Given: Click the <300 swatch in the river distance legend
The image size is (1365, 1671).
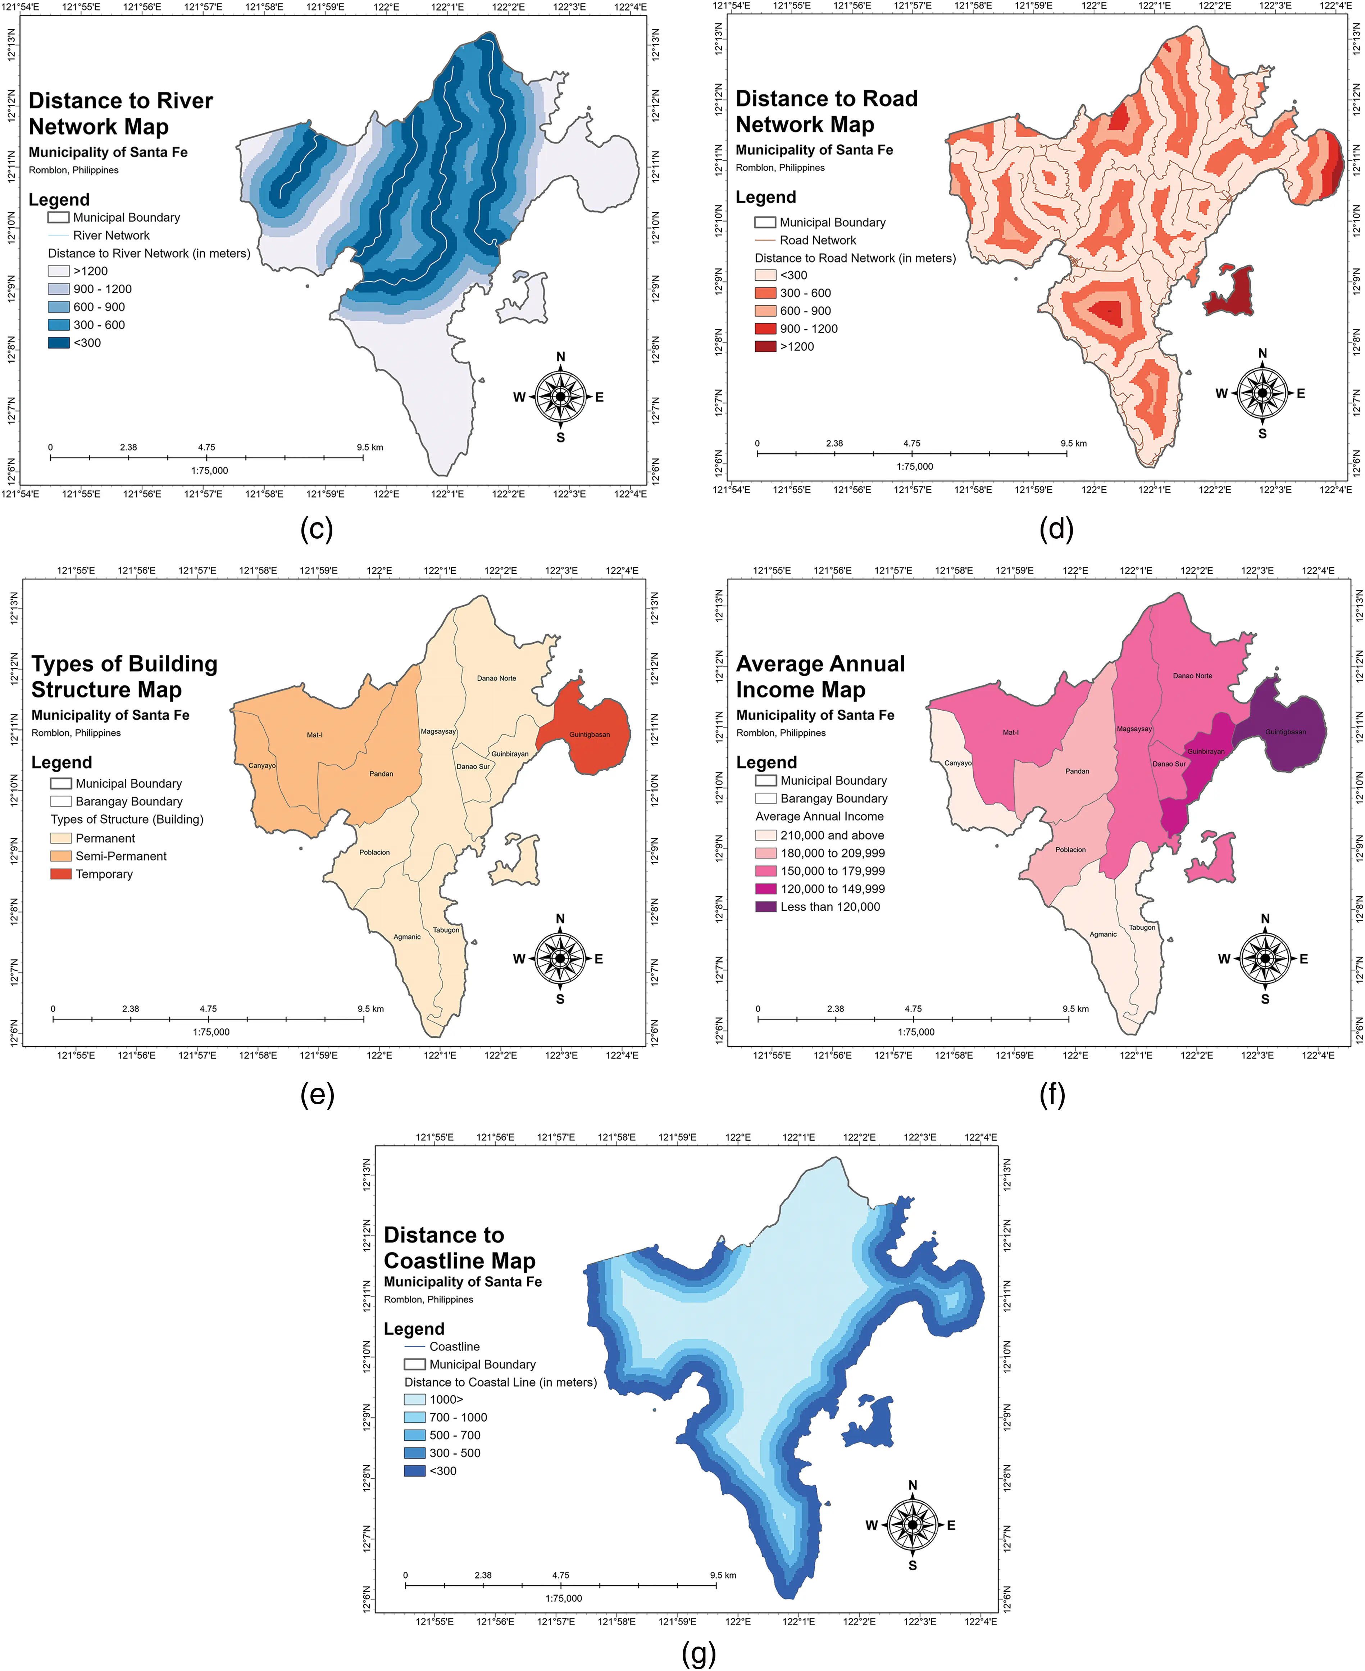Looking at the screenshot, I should (x=59, y=342).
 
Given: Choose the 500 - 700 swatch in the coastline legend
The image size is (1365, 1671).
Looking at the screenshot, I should (x=414, y=1435).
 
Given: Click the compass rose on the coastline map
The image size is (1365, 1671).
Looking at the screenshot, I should (x=912, y=1525).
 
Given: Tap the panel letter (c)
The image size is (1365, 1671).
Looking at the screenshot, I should (x=317, y=529).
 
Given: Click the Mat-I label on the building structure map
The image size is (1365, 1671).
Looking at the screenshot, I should (x=314, y=735).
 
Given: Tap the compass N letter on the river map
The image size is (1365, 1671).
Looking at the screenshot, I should (x=561, y=356).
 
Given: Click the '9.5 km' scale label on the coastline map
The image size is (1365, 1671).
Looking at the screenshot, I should (x=723, y=1575).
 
